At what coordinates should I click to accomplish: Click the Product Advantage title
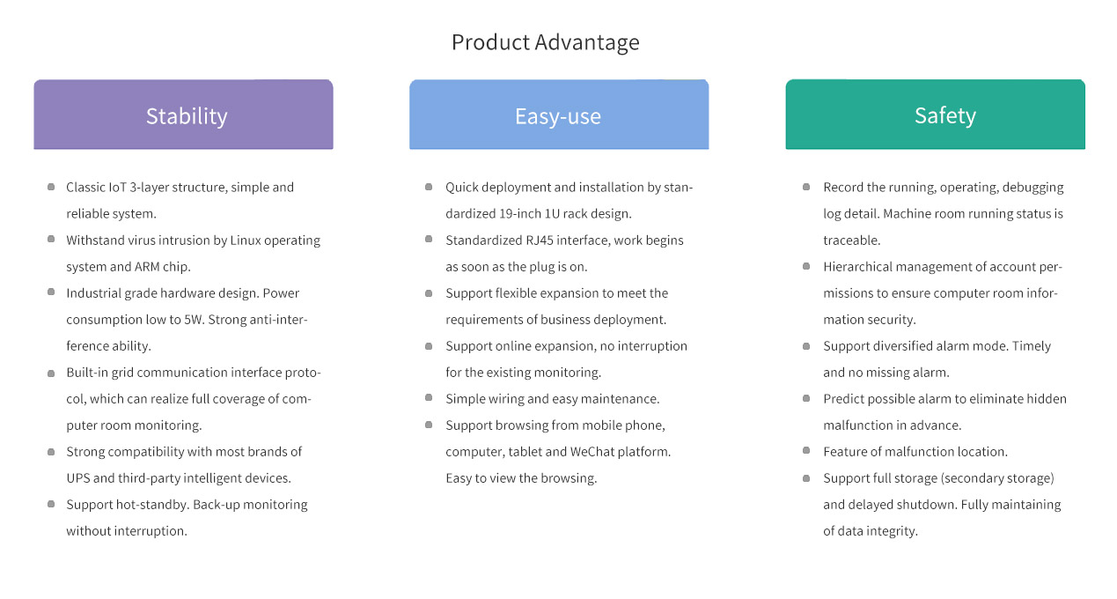coord(545,42)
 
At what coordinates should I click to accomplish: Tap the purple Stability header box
coord(183,115)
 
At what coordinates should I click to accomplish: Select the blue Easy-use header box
coord(559,115)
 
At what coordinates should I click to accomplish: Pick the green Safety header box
coord(936,115)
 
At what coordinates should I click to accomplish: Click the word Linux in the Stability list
coord(246,240)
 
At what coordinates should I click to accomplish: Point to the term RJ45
coord(540,240)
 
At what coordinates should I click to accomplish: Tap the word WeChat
coord(592,452)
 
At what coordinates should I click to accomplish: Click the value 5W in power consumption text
coord(194,320)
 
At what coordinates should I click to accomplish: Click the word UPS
coord(77,478)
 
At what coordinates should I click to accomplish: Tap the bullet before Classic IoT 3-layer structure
coord(51,187)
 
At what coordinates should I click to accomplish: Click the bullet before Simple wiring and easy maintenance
coord(429,397)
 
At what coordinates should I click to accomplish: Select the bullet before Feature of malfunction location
coord(806,450)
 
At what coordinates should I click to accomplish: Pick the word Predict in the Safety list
coord(841,399)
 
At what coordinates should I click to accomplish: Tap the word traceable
coord(852,240)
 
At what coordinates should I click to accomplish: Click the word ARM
coord(147,267)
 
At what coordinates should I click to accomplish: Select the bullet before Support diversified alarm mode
coord(806,346)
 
